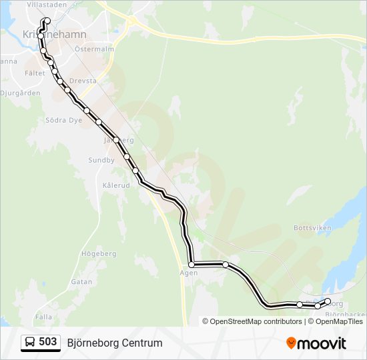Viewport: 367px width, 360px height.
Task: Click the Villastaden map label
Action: (47, 4)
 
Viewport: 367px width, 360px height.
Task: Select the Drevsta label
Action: (83, 81)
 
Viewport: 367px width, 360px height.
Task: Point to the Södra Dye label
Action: (63, 121)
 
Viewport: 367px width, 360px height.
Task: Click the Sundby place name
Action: (101, 161)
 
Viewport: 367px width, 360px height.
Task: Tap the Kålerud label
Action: (116, 185)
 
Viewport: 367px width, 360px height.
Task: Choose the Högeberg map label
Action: (98, 254)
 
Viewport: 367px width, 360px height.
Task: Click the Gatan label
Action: (81, 282)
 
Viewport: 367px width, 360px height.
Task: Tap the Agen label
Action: (189, 273)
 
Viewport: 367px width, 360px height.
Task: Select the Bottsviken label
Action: (312, 227)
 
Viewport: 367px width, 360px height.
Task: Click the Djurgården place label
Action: (21, 93)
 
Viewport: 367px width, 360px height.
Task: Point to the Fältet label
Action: (35, 73)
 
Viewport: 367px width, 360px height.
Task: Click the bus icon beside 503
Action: (30, 343)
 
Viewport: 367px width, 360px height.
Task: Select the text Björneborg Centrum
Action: (115, 343)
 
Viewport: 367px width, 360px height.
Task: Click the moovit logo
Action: (316, 343)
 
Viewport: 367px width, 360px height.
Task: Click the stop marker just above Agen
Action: (192, 265)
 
